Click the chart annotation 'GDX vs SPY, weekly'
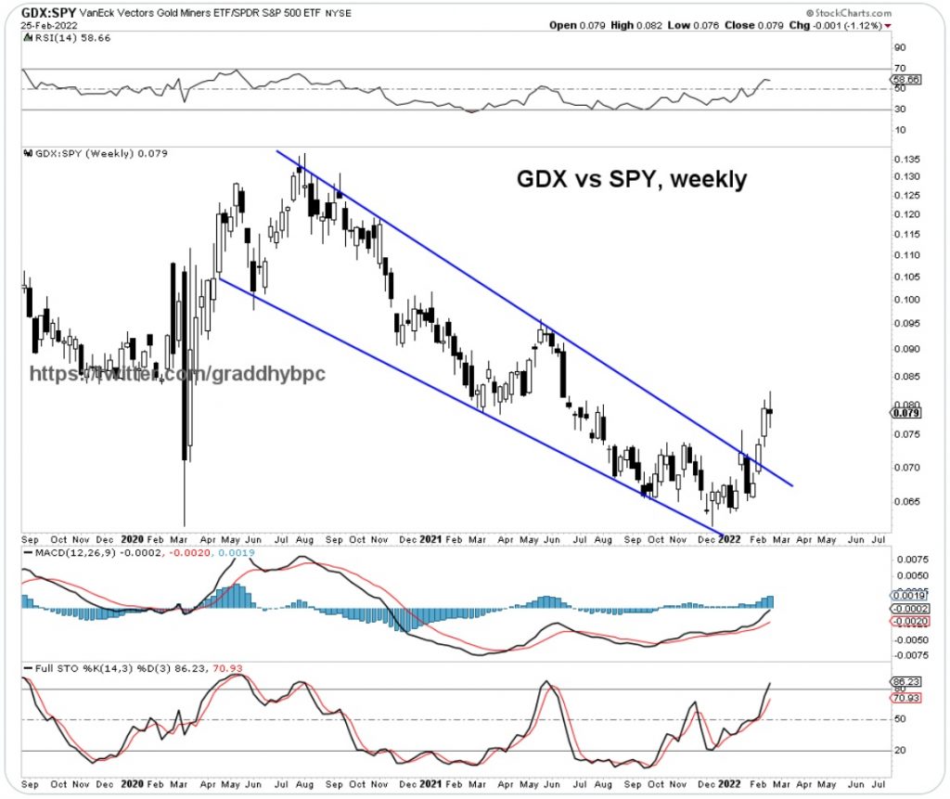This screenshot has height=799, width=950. (631, 180)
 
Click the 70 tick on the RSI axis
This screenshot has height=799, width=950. (899, 69)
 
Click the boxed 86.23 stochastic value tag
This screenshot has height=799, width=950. (905, 681)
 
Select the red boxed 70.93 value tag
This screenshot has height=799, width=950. (905, 697)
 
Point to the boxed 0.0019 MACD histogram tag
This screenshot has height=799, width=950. (906, 596)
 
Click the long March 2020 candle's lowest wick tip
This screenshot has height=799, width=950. (185, 525)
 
